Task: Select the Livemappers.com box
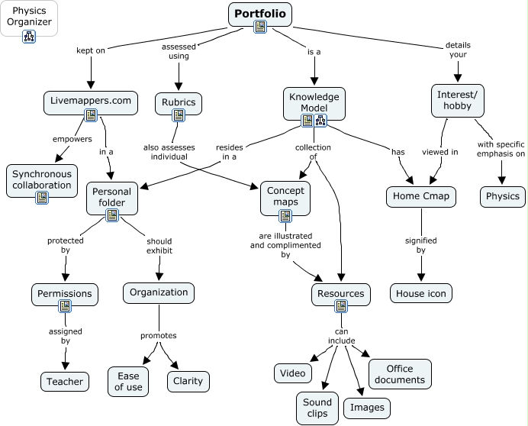[90, 101]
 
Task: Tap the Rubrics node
[179, 102]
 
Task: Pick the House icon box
[420, 292]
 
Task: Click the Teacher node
[64, 381]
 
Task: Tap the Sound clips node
[317, 408]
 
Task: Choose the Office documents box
[400, 374]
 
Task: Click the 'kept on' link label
[91, 51]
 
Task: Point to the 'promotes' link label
[158, 335]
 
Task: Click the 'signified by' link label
[420, 244]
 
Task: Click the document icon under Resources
[341, 307]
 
